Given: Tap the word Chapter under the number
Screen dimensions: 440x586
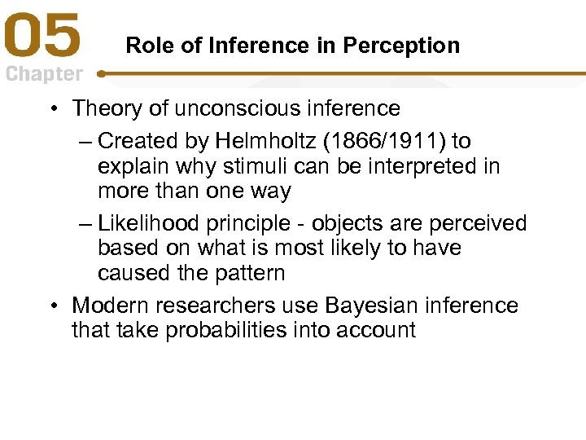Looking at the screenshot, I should (x=44, y=74).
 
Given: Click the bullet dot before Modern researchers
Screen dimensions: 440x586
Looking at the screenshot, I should (x=52, y=306).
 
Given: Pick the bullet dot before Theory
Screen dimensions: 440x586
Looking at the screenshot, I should (x=52, y=109).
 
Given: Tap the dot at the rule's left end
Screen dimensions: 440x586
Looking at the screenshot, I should (x=101, y=73).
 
